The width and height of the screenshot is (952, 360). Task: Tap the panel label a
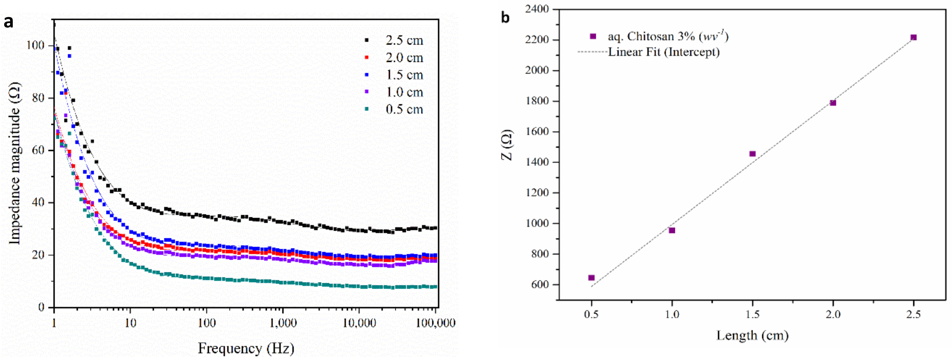click(8, 22)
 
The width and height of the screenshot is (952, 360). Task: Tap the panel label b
click(505, 17)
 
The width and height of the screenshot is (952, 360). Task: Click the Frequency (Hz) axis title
click(246, 348)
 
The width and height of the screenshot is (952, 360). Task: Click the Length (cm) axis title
click(752, 335)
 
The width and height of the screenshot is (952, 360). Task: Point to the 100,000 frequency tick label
click(436, 323)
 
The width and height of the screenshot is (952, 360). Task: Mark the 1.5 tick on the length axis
click(752, 315)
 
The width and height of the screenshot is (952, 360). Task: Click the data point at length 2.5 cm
click(914, 37)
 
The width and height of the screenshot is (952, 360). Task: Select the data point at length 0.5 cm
click(591, 278)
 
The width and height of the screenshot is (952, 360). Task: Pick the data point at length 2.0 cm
click(833, 103)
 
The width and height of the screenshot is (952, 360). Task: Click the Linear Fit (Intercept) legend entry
click(664, 52)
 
